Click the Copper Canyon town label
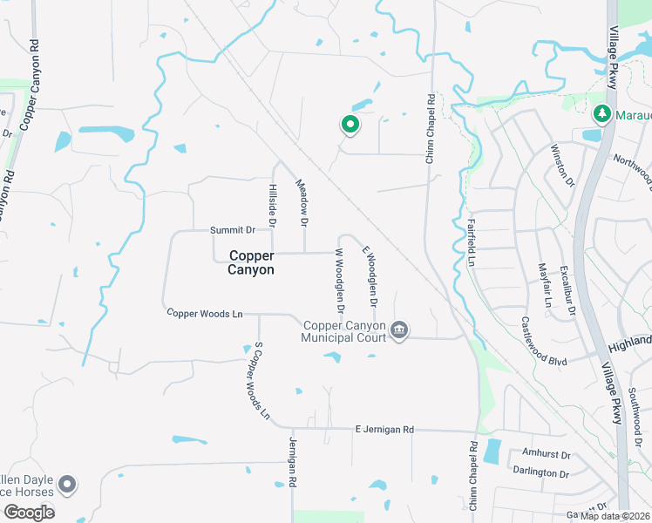pyautogui.click(x=252, y=262)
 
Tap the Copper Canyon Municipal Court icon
pyautogui.click(x=400, y=329)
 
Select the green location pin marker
pyautogui.click(x=350, y=126)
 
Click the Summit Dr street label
pyautogui.click(x=232, y=230)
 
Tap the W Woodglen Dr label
pyautogui.click(x=340, y=280)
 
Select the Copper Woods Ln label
pyautogui.click(x=204, y=312)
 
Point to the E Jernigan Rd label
pyautogui.click(x=384, y=430)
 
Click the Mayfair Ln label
pyautogui.click(x=545, y=285)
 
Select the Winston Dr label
pyautogui.click(x=562, y=165)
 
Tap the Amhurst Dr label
pyautogui.click(x=546, y=454)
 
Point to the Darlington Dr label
pyautogui.click(x=540, y=472)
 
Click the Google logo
pyautogui.click(x=29, y=512)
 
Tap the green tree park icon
pyautogui.click(x=601, y=114)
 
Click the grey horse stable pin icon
pyautogui.click(x=67, y=485)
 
